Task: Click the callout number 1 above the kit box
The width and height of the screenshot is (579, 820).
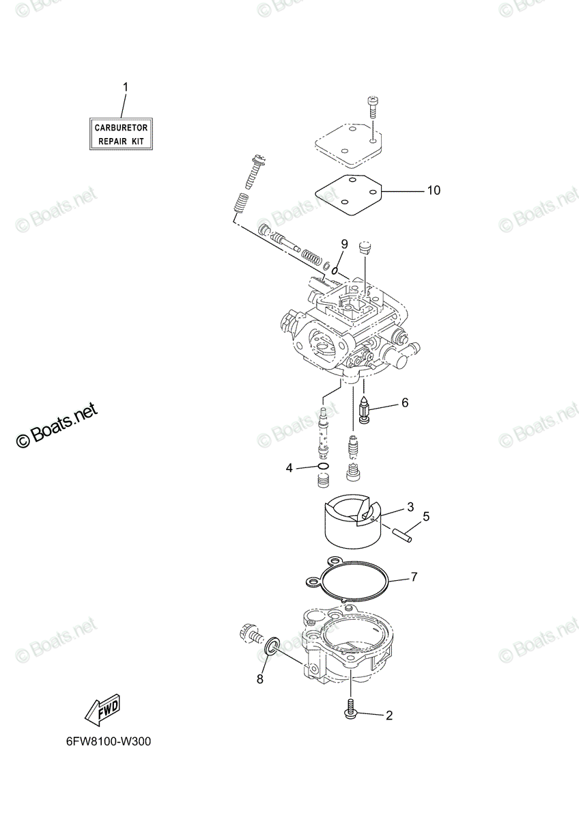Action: (126, 87)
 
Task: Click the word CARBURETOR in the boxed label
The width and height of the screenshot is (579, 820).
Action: (121, 128)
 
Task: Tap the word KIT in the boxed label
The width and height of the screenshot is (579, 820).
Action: (137, 141)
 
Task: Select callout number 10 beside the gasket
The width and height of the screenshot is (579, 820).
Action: (434, 191)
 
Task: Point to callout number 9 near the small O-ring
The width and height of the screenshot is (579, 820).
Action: (344, 244)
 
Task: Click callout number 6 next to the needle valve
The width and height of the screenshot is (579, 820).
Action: (405, 402)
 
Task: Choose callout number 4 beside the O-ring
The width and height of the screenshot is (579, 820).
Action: (289, 467)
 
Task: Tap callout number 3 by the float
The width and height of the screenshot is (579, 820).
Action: (410, 507)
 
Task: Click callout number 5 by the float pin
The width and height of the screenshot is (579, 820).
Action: (426, 517)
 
